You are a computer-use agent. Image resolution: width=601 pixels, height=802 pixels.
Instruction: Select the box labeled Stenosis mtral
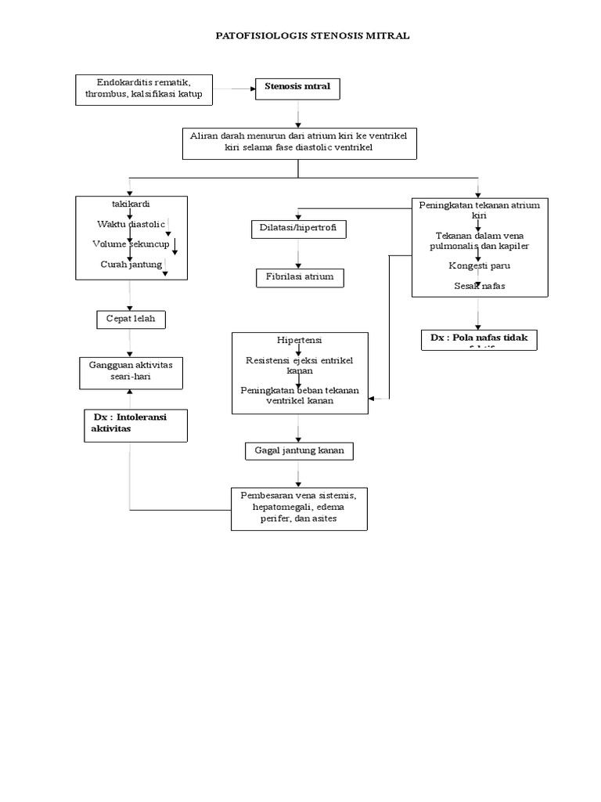click(x=298, y=88)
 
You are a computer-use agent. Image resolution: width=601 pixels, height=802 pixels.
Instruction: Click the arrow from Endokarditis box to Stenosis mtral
click(x=234, y=89)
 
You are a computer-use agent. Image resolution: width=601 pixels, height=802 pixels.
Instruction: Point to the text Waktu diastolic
click(x=126, y=224)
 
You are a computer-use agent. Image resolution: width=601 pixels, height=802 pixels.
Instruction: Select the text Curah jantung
click(x=131, y=264)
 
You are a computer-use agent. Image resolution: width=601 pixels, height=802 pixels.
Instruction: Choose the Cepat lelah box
click(x=131, y=319)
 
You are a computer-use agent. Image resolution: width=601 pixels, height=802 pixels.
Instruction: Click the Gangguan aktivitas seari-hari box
click(x=131, y=372)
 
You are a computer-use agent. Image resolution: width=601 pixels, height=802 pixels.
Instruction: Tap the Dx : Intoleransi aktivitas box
click(x=135, y=424)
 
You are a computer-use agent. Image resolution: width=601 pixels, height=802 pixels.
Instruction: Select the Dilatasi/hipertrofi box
click(x=297, y=229)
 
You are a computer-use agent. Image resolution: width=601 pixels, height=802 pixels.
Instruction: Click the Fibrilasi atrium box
click(x=298, y=277)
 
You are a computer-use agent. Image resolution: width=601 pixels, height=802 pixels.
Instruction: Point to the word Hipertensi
click(x=298, y=341)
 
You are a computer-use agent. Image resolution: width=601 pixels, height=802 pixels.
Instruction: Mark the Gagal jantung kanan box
click(x=298, y=450)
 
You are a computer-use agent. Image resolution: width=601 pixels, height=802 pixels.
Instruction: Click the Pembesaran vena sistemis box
click(x=298, y=508)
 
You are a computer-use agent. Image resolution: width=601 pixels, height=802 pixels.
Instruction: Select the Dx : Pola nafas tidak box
click(x=478, y=339)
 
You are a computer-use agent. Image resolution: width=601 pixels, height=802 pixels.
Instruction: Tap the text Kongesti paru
click(x=479, y=266)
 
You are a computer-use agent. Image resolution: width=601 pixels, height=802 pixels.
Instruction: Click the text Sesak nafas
click(x=479, y=286)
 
